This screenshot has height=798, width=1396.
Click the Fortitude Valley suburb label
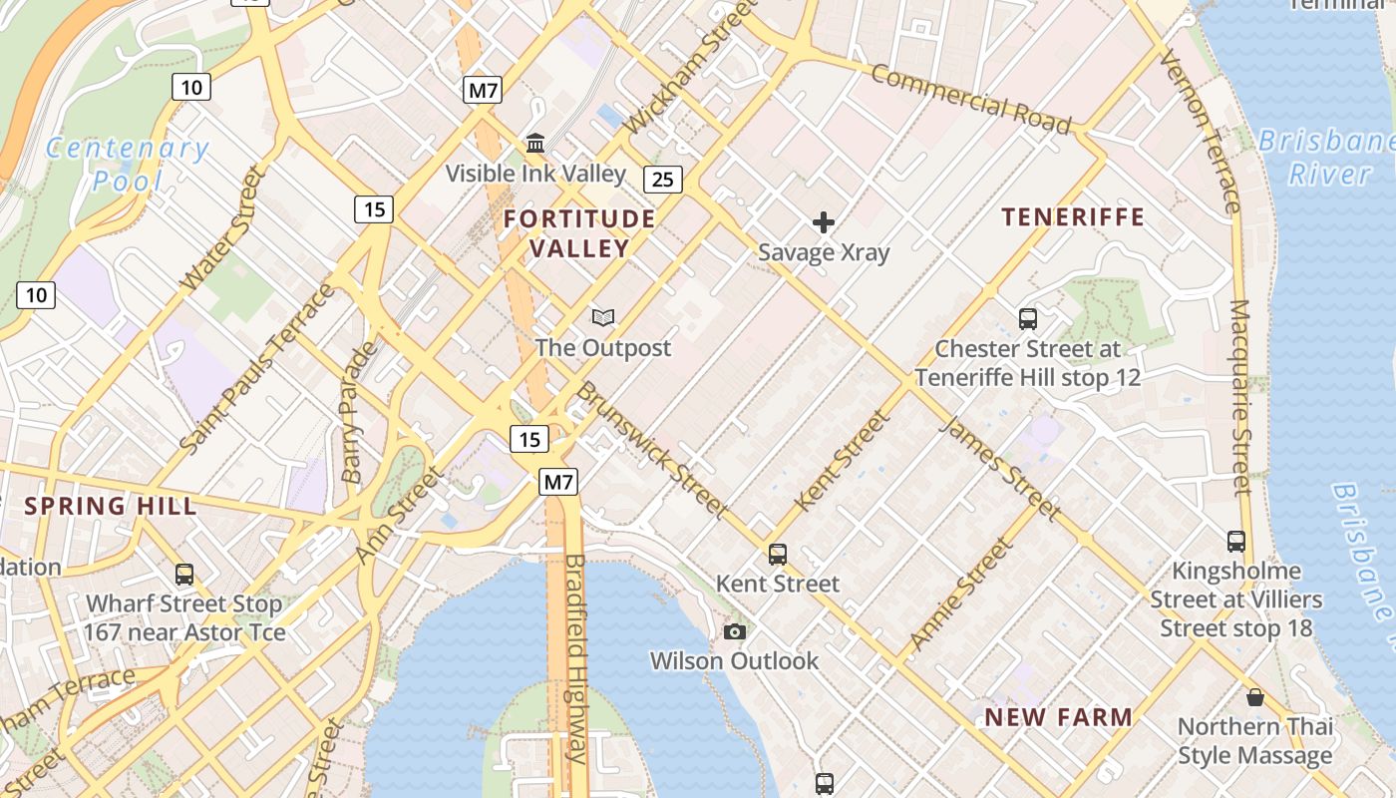[579, 233]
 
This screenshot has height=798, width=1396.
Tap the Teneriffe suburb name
[1073, 217]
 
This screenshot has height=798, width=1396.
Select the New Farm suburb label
[1058, 717]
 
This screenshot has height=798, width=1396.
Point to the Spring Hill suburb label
[111, 506]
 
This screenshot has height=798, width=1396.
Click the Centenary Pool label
[128, 165]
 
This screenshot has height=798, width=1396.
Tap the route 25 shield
[662, 180]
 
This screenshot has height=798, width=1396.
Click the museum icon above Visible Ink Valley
[535, 144]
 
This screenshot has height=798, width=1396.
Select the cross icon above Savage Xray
[823, 221]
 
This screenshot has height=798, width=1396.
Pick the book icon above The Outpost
[602, 318]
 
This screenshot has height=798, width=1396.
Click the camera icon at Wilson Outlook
[734, 631]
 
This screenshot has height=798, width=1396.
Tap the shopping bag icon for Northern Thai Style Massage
[1254, 697]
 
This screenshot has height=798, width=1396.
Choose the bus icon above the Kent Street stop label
[778, 554]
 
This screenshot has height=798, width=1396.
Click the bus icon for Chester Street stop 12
[1028, 319]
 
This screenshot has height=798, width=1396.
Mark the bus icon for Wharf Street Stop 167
[184, 575]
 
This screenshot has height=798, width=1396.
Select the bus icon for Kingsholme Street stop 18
[1236, 542]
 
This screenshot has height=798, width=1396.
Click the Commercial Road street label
[970, 100]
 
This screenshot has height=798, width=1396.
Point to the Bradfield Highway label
[576, 658]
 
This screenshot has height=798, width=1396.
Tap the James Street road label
[999, 468]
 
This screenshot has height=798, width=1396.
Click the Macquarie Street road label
[1239, 397]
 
